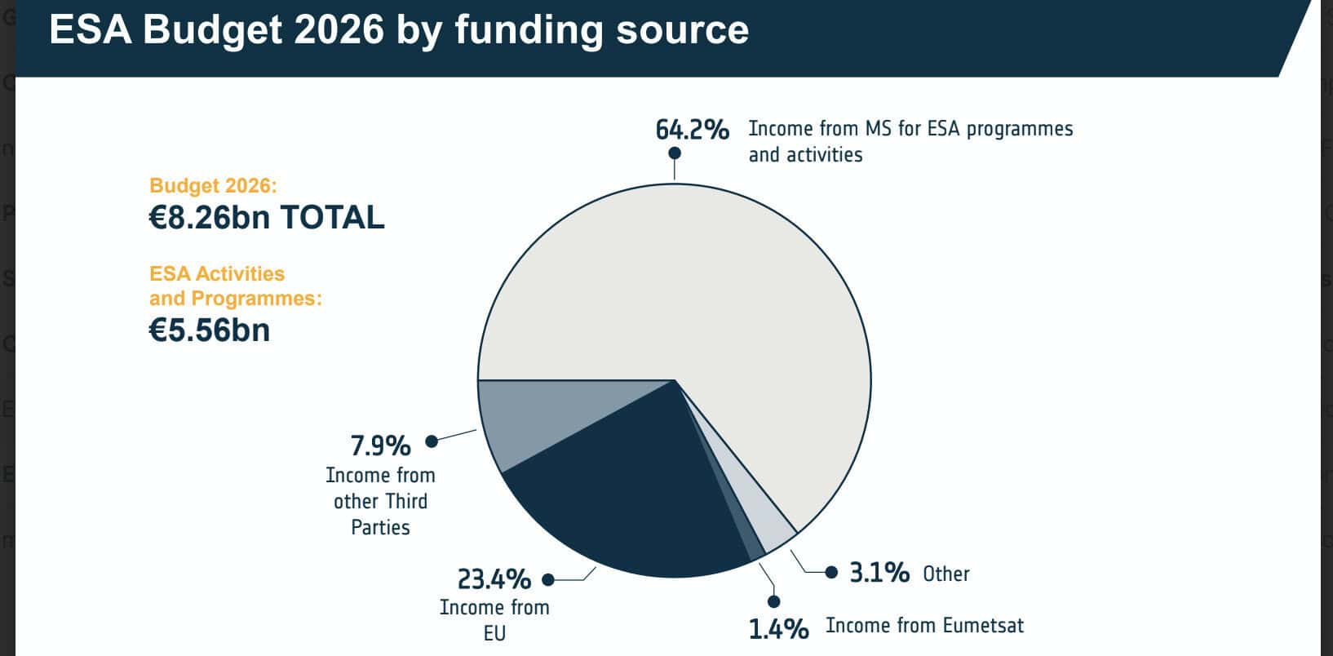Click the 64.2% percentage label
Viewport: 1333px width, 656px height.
tap(692, 130)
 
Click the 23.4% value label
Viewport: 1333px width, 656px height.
tap(494, 579)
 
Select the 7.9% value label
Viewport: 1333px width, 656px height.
tap(380, 446)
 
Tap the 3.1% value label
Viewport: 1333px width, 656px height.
tap(879, 573)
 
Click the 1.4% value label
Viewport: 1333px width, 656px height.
tap(779, 629)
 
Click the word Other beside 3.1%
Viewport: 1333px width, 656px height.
tap(946, 574)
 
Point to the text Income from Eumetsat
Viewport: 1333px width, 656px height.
tap(924, 626)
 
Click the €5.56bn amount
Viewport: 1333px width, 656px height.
tap(210, 330)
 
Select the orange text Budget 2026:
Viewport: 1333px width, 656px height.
tap(213, 186)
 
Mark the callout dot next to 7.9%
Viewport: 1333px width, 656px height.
tap(432, 441)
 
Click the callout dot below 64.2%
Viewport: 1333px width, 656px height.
tap(675, 153)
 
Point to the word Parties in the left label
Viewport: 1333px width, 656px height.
tap(380, 528)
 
